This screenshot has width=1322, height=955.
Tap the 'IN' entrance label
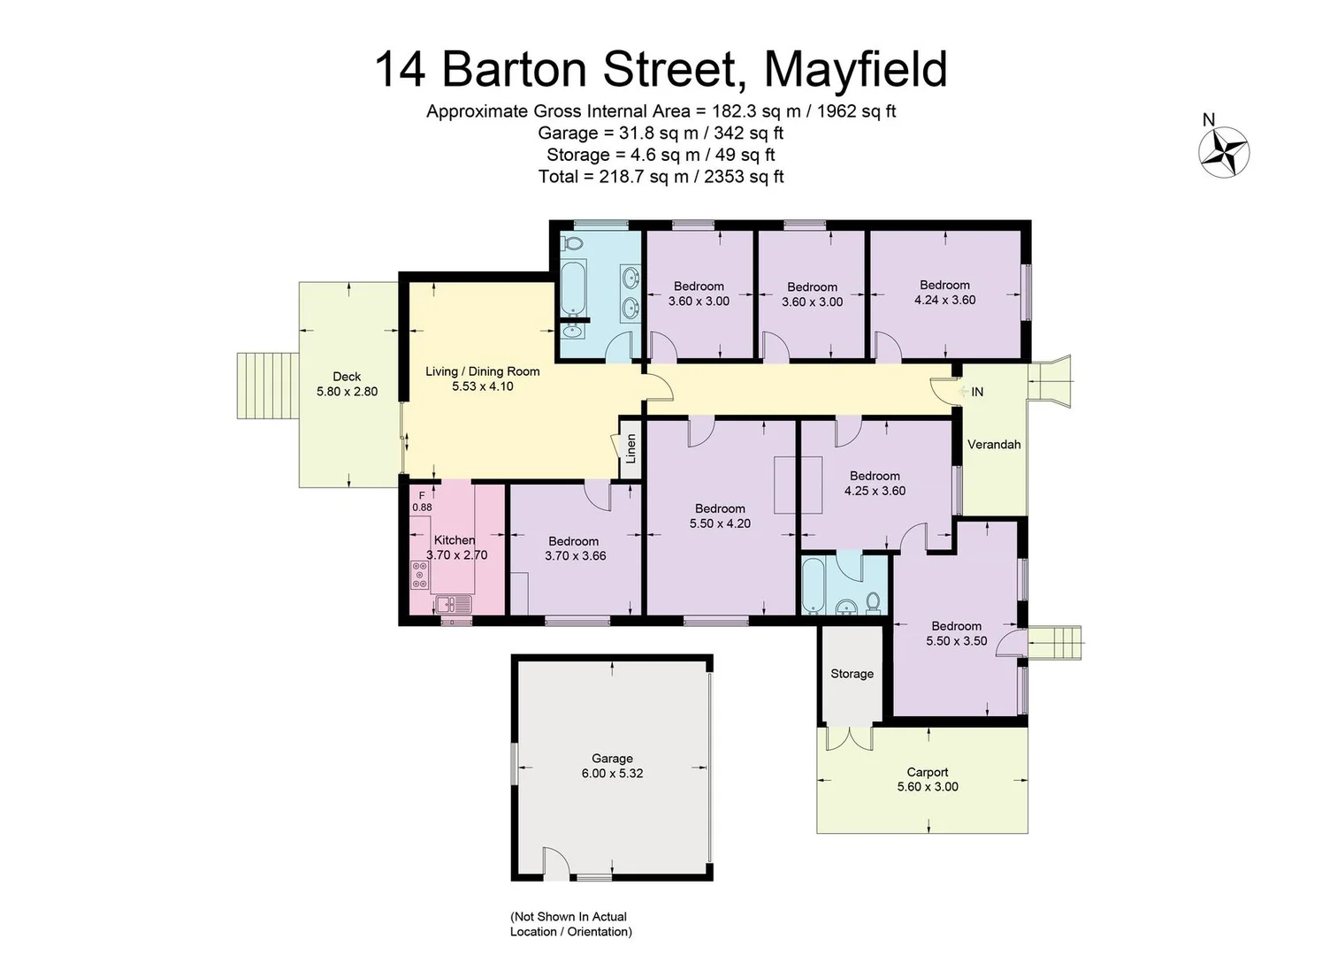pyautogui.click(x=977, y=392)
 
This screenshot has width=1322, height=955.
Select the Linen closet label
pyautogui.click(x=631, y=449)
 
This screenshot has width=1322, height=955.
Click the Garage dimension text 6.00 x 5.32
pyautogui.click(x=612, y=773)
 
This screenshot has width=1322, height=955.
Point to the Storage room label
pyautogui.click(x=852, y=674)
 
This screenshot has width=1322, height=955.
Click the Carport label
pyautogui.click(x=927, y=772)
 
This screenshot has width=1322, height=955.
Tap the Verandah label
pyautogui.click(x=994, y=445)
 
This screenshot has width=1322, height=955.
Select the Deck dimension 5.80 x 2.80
pyautogui.click(x=347, y=392)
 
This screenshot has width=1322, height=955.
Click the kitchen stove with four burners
pyautogui.click(x=420, y=575)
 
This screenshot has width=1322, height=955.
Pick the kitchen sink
pyautogui.click(x=454, y=605)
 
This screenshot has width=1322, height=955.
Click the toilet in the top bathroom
pyautogui.click(x=573, y=242)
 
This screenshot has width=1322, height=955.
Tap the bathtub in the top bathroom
pyautogui.click(x=572, y=287)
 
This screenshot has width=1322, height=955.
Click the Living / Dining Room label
pyautogui.click(x=482, y=371)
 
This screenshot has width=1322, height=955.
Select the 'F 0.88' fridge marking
pyautogui.click(x=422, y=501)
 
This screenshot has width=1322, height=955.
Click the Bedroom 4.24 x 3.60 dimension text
pyautogui.click(x=944, y=300)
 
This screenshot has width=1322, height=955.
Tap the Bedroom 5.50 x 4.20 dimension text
pyautogui.click(x=720, y=523)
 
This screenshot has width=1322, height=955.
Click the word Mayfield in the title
pyautogui.click(x=855, y=69)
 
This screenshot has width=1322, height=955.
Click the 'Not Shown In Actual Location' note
pyautogui.click(x=570, y=924)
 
